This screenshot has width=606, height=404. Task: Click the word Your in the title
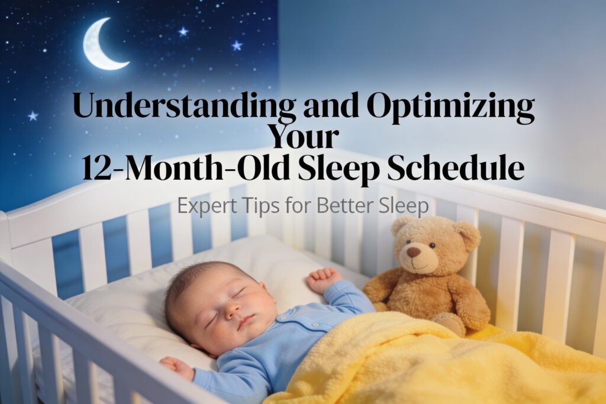pos(303,137)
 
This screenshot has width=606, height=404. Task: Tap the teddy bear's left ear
pos(401,225)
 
